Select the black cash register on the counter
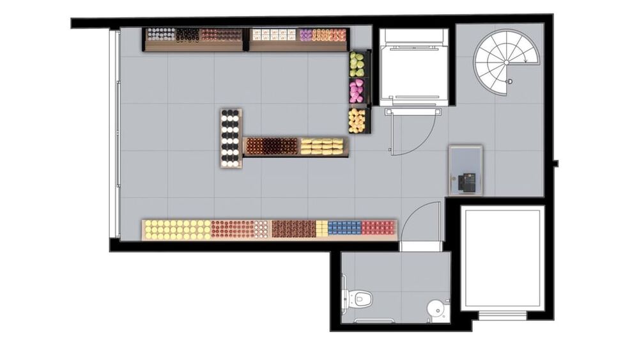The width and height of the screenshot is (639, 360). [466, 182]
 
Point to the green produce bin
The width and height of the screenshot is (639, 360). [357, 64]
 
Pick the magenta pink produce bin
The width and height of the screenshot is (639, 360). [357, 91]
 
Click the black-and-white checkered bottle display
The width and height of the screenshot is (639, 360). [231, 138]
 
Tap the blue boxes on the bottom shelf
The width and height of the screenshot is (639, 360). [344, 228]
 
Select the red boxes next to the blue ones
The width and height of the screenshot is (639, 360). [378, 228]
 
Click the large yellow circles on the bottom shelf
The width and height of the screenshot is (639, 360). [177, 229]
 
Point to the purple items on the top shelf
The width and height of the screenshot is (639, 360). [306, 35]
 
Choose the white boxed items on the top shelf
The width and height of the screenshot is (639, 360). [274, 35]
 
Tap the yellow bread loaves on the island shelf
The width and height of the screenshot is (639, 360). [322, 147]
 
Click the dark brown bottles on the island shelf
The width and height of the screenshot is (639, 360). [272, 146]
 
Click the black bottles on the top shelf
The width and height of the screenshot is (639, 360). [187, 35]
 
